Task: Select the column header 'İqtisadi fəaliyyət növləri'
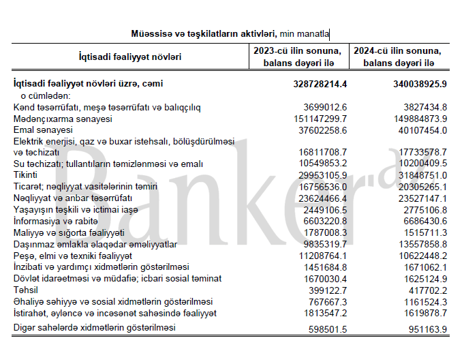[129, 57]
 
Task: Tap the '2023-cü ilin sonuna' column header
[296, 51]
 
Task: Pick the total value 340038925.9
[415, 84]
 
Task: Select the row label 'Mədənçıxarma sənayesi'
[63, 119]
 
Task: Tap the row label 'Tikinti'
[27, 175]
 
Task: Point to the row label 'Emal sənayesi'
[43, 130]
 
